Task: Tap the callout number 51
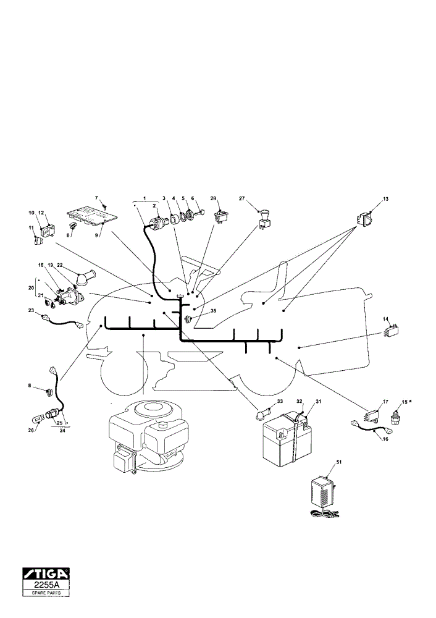coord(338,462)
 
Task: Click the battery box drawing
coord(287,441)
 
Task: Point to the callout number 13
coord(385,199)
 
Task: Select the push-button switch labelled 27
coord(264,220)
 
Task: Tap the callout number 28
coord(213,198)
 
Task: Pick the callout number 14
coord(385,318)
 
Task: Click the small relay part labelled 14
coord(391,329)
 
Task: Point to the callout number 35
coord(214,311)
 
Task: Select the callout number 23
coord(31,310)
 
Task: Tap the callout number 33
coord(280,401)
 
